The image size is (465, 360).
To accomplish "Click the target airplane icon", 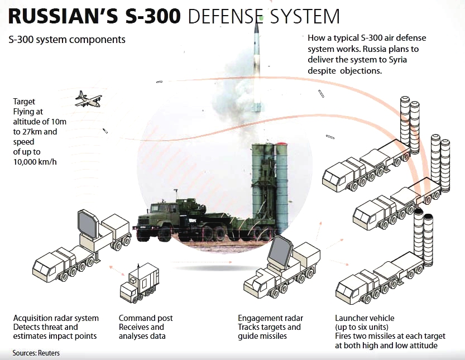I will coord(88,99).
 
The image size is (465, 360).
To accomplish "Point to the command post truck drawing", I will coord(139,284).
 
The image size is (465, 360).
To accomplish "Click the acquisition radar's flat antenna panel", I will coord(88,224).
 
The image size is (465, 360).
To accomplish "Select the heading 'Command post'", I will coord(146,318).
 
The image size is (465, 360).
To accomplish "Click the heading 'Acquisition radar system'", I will coord(56,318).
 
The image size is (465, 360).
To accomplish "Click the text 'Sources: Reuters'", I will coord(36,353).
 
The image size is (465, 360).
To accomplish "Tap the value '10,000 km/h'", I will coord(35,162).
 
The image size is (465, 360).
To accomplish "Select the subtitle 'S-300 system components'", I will coord(67,40).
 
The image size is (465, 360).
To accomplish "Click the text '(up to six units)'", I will coord(362,327).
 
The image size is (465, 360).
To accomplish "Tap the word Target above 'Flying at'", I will coord(25,102).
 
